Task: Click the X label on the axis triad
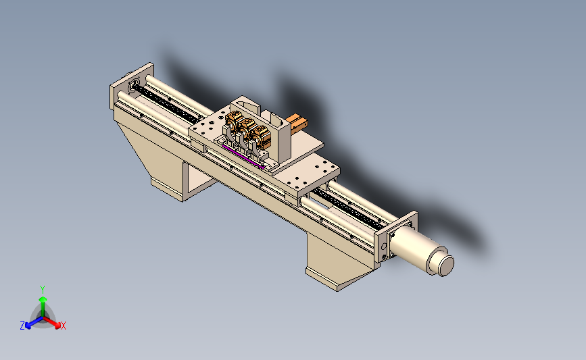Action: tap(63, 326)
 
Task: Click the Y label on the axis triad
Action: tap(43, 290)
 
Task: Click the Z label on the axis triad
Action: tap(22, 326)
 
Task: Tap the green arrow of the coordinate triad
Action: tap(43, 307)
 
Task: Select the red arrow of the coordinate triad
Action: tap(52, 323)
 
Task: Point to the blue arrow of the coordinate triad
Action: tap(34, 323)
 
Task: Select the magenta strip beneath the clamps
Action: tap(243, 157)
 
